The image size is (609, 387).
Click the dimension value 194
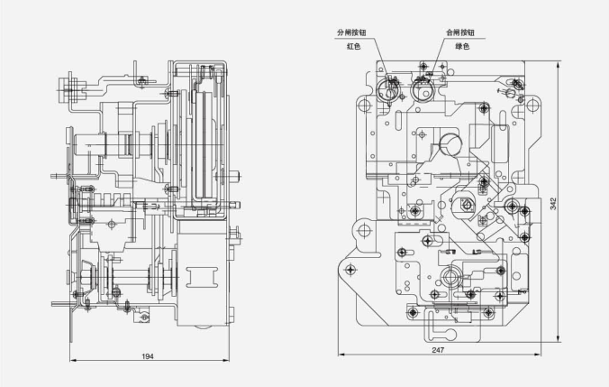148,356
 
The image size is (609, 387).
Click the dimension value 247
438,350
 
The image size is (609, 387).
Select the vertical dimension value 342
553,204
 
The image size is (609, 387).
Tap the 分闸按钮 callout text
351,32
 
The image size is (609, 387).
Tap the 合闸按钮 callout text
460,32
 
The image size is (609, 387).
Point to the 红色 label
354,46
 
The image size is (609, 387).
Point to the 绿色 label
462,46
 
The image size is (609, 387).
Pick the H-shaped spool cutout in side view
201,277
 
